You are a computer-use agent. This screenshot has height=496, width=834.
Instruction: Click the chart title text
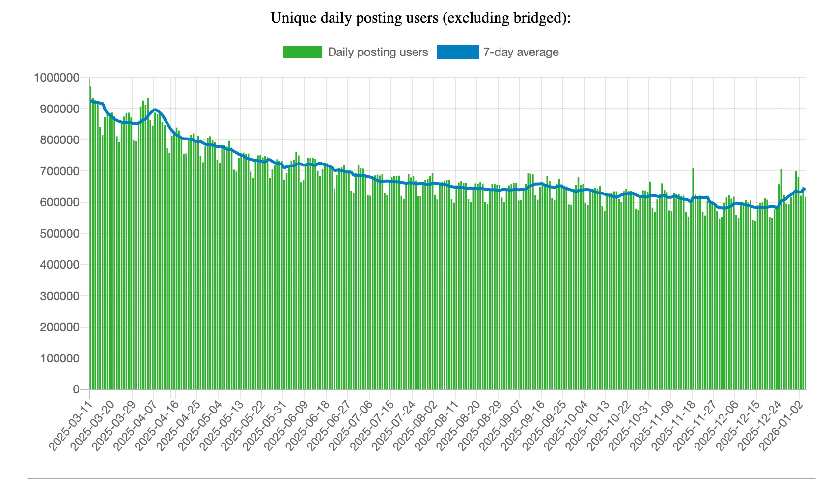[x=420, y=18]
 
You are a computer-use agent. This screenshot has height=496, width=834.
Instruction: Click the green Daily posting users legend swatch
[x=302, y=52]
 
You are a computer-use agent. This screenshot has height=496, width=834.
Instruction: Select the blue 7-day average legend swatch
[x=457, y=52]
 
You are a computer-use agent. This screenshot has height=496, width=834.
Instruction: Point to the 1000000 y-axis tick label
[x=56, y=78]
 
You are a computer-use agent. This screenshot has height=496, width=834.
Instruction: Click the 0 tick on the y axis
[x=76, y=389]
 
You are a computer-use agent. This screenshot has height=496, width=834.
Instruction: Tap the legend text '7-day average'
[x=521, y=52]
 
